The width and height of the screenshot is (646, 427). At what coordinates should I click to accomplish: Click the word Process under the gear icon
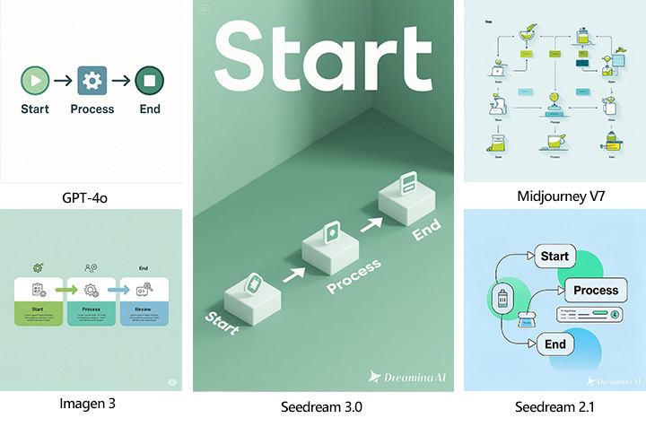tap(92, 109)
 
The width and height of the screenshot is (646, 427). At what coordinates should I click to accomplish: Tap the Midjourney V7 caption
tap(554, 196)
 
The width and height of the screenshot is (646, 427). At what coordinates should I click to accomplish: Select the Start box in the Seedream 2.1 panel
tap(554, 257)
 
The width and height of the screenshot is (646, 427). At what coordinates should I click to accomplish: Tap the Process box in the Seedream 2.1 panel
tap(595, 290)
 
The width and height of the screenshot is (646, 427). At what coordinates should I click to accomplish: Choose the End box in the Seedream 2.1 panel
tap(554, 344)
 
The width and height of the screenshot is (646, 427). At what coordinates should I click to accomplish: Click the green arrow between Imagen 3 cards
tap(66, 290)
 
